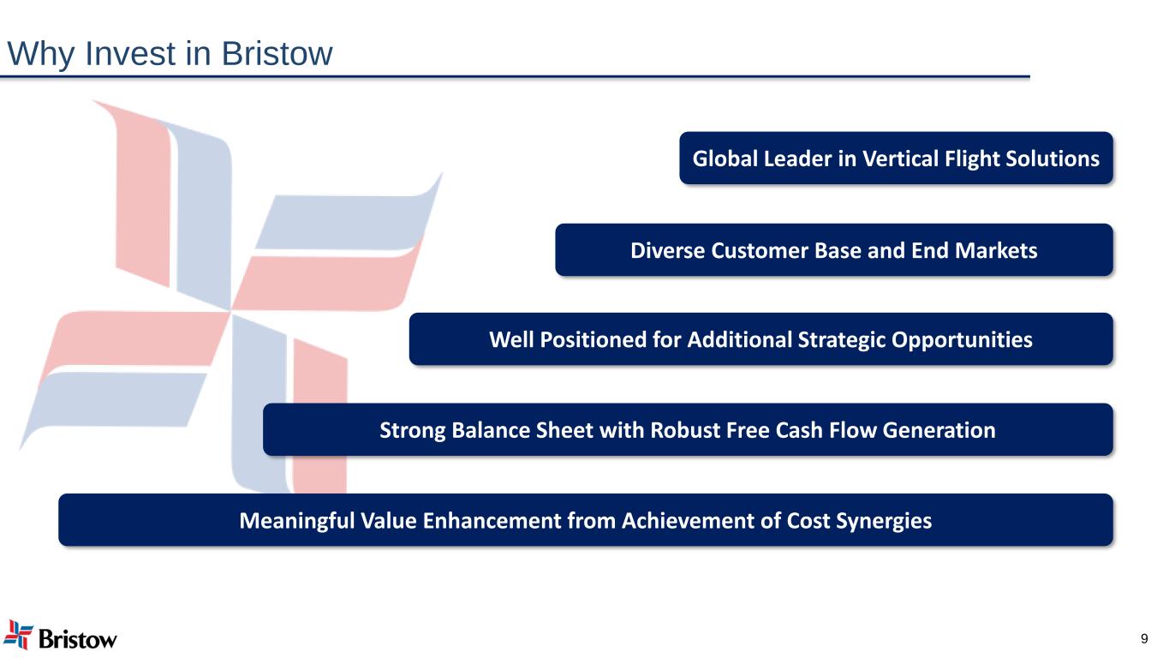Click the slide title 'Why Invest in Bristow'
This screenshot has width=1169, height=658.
[x=170, y=54]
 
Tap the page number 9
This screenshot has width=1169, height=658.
[x=1144, y=638]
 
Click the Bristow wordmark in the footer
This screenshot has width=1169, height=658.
[x=78, y=639]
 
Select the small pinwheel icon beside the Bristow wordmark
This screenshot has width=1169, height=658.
[x=18, y=635]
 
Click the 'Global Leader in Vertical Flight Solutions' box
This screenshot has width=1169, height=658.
[x=896, y=158]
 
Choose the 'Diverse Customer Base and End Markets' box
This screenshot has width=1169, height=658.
[x=834, y=249]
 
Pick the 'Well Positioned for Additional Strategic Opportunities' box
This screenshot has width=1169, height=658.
[x=760, y=339]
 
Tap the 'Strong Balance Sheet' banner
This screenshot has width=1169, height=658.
[x=688, y=429]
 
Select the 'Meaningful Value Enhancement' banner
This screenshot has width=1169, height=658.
[x=586, y=519]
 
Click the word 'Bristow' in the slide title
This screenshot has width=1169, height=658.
[x=277, y=54]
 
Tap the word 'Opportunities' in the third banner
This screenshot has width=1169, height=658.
[x=962, y=340]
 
